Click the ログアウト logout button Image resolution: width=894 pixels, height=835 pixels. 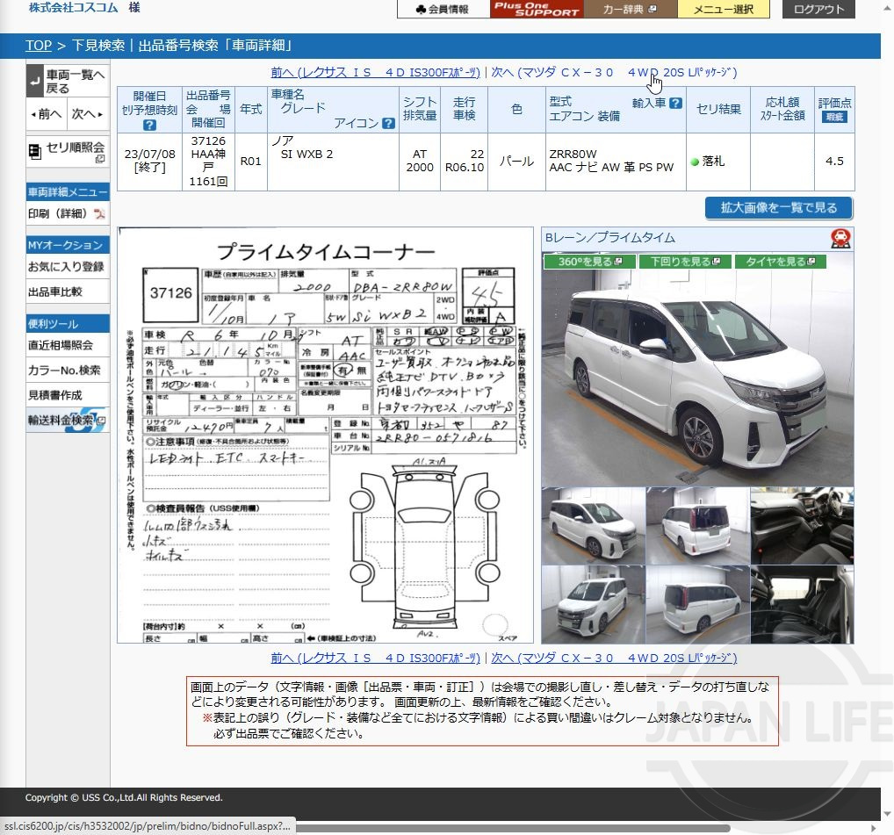818,10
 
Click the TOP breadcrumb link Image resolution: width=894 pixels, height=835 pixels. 38,46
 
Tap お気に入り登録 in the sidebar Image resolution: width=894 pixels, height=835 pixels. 66,267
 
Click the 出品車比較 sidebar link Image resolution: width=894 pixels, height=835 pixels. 55,292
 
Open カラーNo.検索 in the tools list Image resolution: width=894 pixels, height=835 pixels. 64,371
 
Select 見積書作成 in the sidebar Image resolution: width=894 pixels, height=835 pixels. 55,396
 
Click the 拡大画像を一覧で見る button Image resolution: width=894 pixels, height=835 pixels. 778,208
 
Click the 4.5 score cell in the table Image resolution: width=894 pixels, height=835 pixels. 834,162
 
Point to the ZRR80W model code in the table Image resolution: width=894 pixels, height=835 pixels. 573,155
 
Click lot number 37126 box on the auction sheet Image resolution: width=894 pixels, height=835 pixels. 171,292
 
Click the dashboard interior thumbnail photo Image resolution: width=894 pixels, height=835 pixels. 802,525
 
